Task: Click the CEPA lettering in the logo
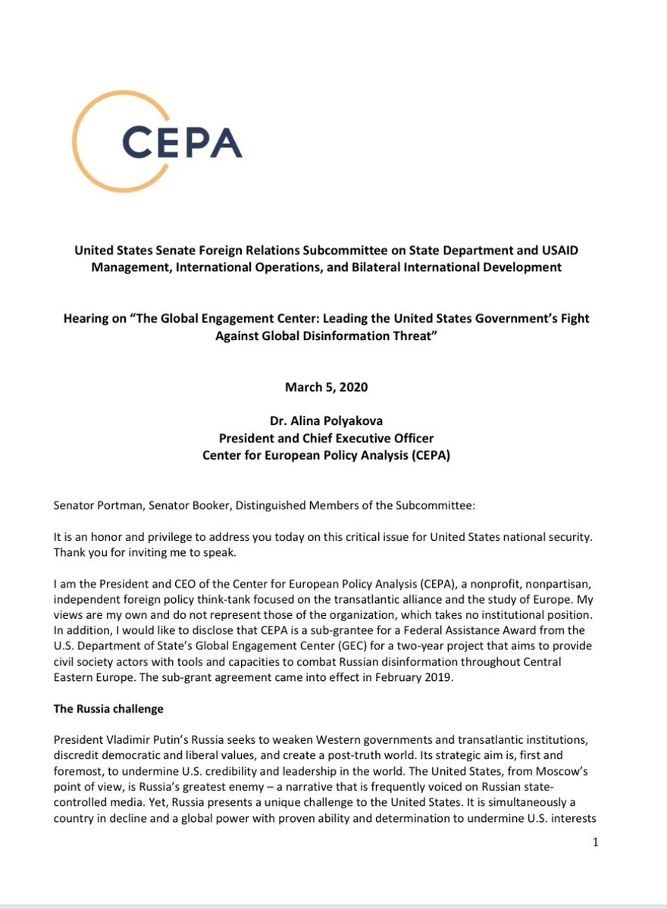pos(181,142)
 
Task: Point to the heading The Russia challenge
pos(108,709)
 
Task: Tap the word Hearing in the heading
pos(86,318)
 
